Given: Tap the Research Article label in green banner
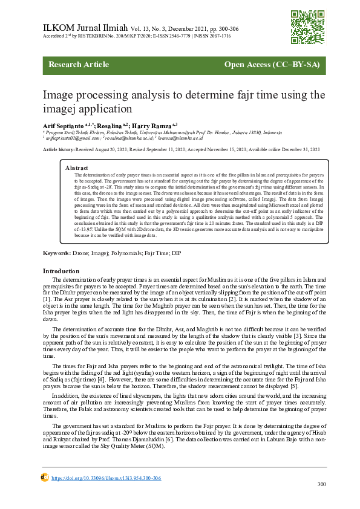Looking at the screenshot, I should [75, 65].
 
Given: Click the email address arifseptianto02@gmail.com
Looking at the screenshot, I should [72, 138].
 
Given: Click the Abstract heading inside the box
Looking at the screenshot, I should [77, 167].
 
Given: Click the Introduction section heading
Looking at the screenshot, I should [61, 271].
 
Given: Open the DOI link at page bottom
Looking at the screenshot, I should [106, 478].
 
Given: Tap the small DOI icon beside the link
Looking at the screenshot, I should [44, 477].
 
